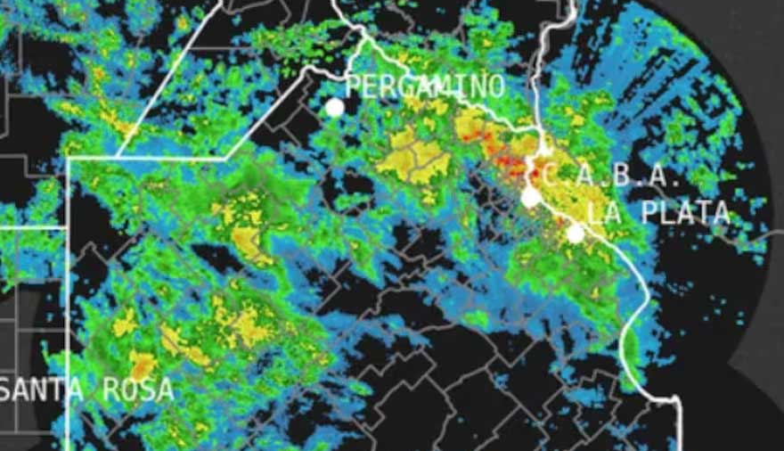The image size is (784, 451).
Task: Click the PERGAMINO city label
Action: pyautogui.click(x=424, y=86)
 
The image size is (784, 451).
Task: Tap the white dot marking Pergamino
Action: pyautogui.click(x=334, y=108)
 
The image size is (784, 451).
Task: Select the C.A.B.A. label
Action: pyautogui.click(x=611, y=176)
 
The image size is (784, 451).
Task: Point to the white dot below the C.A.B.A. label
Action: pyautogui.click(x=530, y=197)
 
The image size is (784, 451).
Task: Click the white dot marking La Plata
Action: pyautogui.click(x=576, y=234)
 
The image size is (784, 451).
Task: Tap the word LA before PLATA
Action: pyautogui.click(x=603, y=213)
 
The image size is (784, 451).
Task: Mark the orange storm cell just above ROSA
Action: pyautogui.click(x=142, y=363)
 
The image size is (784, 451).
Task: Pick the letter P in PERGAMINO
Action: pyautogui.click(x=353, y=86)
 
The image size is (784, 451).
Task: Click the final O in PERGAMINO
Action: pyautogui.click(x=495, y=86)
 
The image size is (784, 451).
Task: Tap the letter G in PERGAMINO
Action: pyautogui.click(x=406, y=86)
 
